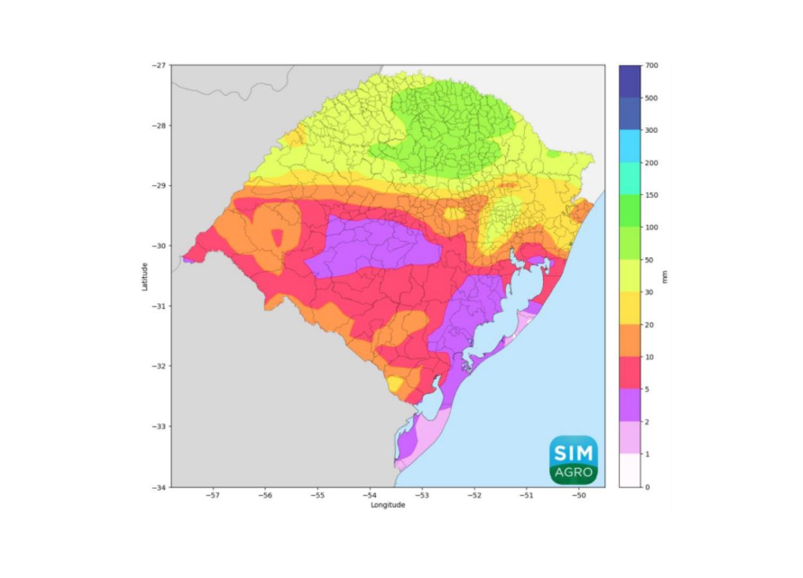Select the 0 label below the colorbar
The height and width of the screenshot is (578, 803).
tap(647, 487)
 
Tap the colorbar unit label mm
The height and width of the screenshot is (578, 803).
tap(665, 276)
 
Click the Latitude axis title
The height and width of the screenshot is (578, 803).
tap(145, 276)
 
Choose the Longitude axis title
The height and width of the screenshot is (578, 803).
tap(387, 505)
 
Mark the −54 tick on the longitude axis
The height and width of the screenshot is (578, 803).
tap(369, 495)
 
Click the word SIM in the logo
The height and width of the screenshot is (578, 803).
tap(573, 453)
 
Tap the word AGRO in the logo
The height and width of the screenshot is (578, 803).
tap(573, 473)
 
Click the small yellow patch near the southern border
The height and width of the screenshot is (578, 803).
tap(395, 384)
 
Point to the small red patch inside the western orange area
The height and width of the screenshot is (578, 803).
tap(278, 238)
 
